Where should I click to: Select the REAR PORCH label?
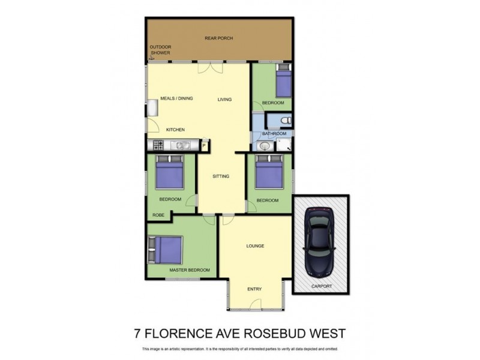click(218, 38)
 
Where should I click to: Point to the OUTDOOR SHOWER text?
click(160, 49)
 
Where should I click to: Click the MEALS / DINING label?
click(176, 98)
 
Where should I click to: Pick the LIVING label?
click(224, 100)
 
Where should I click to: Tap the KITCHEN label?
click(175, 130)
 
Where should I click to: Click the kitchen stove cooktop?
click(158, 145)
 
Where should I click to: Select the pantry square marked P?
click(204, 145)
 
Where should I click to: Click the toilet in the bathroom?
click(284, 119)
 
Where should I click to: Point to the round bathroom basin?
click(264, 146)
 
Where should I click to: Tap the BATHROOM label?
click(274, 133)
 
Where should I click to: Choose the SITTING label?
click(221, 176)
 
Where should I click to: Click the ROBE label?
click(158, 214)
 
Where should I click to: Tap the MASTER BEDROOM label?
click(190, 270)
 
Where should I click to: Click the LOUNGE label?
click(255, 246)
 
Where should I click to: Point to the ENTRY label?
click(254, 289)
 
